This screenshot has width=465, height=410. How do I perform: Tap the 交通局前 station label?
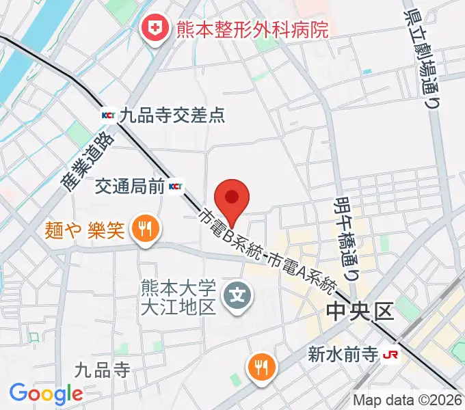point(130,186)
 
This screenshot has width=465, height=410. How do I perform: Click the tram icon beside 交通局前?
point(176,186)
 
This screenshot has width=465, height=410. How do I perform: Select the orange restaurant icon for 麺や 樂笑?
point(144,229)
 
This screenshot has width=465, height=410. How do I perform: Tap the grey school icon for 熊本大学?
point(238,296)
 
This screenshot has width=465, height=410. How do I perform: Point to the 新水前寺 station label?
point(341,355)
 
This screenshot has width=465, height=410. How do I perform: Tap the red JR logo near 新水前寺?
point(390,355)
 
